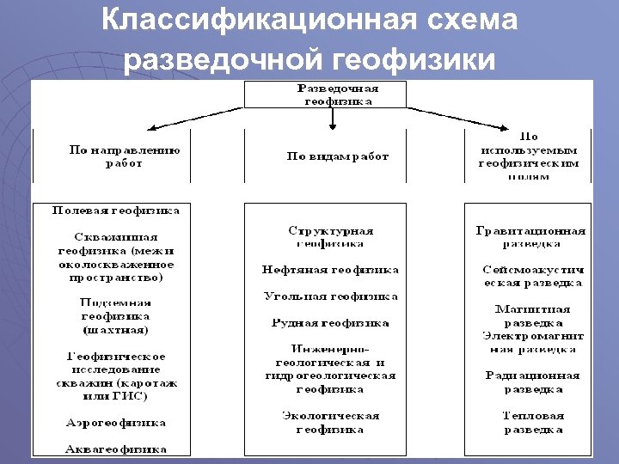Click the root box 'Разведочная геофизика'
(338, 95)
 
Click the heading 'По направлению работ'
(125, 156)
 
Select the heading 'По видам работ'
(338, 156)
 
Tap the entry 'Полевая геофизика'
(116, 210)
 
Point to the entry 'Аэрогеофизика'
(116, 423)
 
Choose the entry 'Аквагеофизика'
(116, 449)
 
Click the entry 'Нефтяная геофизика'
(331, 270)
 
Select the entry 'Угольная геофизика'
(331, 296)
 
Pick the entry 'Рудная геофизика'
(331, 323)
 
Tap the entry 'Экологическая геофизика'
(331, 422)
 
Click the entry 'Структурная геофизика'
(331, 237)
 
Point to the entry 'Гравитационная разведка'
(530, 237)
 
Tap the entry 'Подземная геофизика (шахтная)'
(116, 315)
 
